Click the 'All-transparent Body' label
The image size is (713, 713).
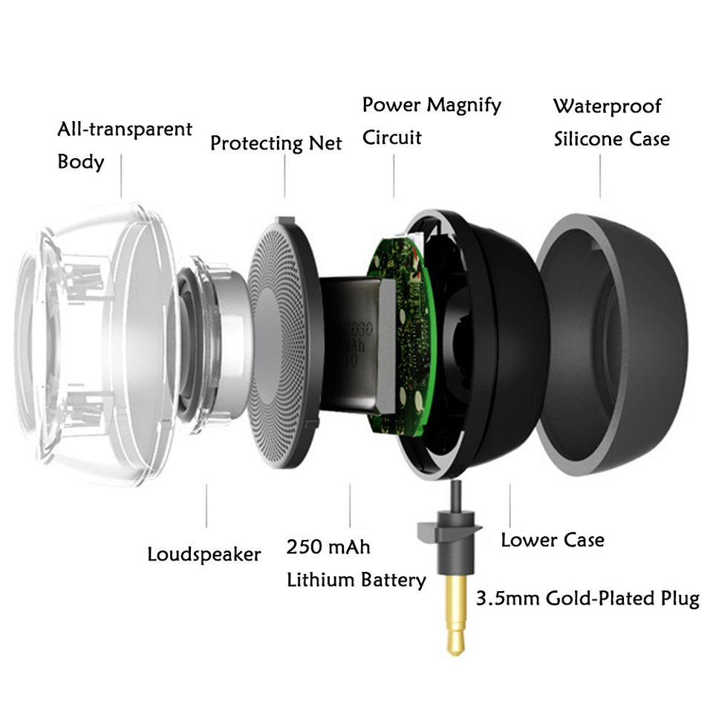[x=125, y=146]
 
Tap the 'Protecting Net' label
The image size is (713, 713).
[x=276, y=143]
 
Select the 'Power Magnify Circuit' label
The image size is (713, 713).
[x=432, y=121]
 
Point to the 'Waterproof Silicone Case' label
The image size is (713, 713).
[x=611, y=123]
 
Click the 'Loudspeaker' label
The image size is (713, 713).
[x=204, y=554]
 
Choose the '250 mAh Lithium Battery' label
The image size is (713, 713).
[x=356, y=564]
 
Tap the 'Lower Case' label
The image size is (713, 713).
[x=553, y=540]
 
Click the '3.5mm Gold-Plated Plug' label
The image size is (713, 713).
[x=587, y=599]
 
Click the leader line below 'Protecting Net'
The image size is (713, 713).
[x=285, y=177]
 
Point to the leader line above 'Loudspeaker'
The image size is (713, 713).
[x=206, y=506]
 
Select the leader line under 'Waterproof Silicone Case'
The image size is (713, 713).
[x=600, y=177]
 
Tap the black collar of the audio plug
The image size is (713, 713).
[x=450, y=541]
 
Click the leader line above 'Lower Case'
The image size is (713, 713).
[x=509, y=506]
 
